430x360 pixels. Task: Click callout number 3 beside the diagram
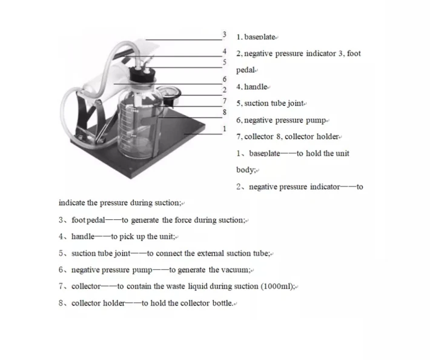(224, 35)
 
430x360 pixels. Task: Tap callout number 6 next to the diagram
(224, 79)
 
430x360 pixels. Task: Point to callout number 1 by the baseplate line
(224, 128)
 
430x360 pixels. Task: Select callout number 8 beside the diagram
(224, 112)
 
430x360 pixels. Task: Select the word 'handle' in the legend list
(255, 87)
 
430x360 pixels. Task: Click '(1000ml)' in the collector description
(278, 286)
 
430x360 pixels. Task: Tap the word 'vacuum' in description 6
(234, 270)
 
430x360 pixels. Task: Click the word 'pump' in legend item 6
(317, 120)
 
